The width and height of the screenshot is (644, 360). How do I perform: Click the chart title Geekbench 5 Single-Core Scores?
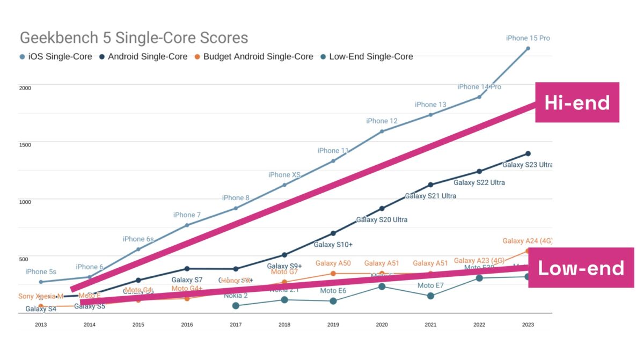134,38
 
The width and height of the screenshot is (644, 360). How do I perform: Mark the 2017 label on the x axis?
236,325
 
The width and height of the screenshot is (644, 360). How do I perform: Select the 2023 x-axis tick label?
528,325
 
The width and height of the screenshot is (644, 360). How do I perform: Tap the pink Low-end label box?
581,268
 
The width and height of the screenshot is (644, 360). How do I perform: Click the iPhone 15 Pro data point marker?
528,48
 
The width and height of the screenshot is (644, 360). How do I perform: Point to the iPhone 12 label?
382,121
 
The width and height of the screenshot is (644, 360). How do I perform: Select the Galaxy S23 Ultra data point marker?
528,154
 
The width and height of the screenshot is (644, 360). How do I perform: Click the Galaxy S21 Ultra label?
430,196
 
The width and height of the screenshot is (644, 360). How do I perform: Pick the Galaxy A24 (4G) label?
527,241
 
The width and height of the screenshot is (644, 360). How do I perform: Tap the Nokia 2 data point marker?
236,306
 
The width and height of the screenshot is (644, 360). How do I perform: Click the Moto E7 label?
430,286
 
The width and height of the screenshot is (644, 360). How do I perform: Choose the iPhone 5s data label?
41,272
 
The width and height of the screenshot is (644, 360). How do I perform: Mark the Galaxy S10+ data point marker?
333,233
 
